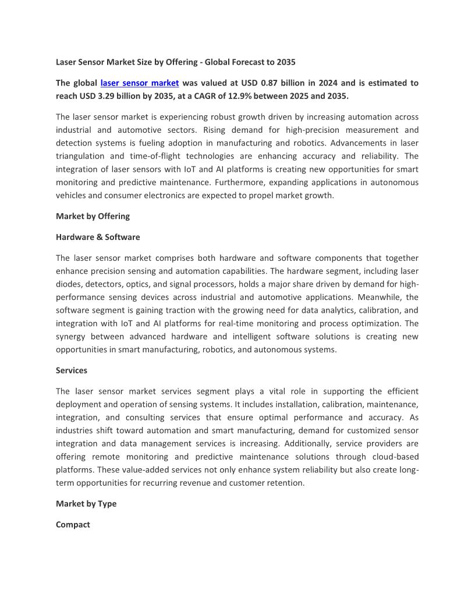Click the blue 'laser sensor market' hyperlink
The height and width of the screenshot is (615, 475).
click(x=140, y=83)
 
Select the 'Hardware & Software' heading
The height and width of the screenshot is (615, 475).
click(x=98, y=237)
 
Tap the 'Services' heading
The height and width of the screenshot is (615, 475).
click(x=72, y=370)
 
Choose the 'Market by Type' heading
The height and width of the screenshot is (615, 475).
click(x=86, y=503)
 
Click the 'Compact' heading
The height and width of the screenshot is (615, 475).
click(x=73, y=524)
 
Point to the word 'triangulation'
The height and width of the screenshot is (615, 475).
click(x=80, y=156)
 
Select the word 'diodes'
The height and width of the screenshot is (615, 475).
click(x=69, y=284)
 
